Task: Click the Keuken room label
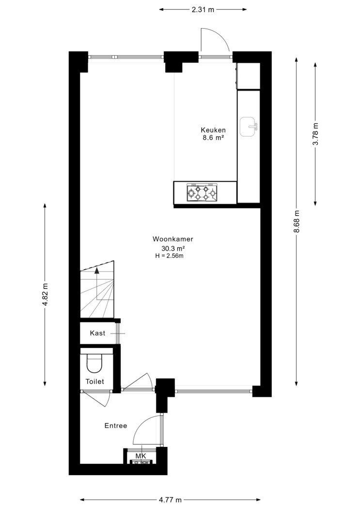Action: (213, 130)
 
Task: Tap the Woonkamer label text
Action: (173, 239)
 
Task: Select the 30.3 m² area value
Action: (173, 249)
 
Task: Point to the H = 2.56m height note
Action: (170, 256)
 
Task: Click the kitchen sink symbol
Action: (249, 127)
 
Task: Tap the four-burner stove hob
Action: (202, 192)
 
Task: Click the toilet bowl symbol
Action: (94, 363)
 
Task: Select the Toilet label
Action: (94, 382)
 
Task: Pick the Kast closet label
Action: (97, 333)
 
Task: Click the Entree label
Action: (116, 426)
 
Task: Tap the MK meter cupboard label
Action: (141, 456)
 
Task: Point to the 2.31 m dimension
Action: (203, 9)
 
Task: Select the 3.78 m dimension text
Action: (315, 134)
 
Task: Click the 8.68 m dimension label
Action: (297, 222)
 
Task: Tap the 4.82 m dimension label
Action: (45, 294)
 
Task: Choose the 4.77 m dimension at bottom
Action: (170, 500)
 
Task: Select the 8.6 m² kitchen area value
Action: (213, 138)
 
